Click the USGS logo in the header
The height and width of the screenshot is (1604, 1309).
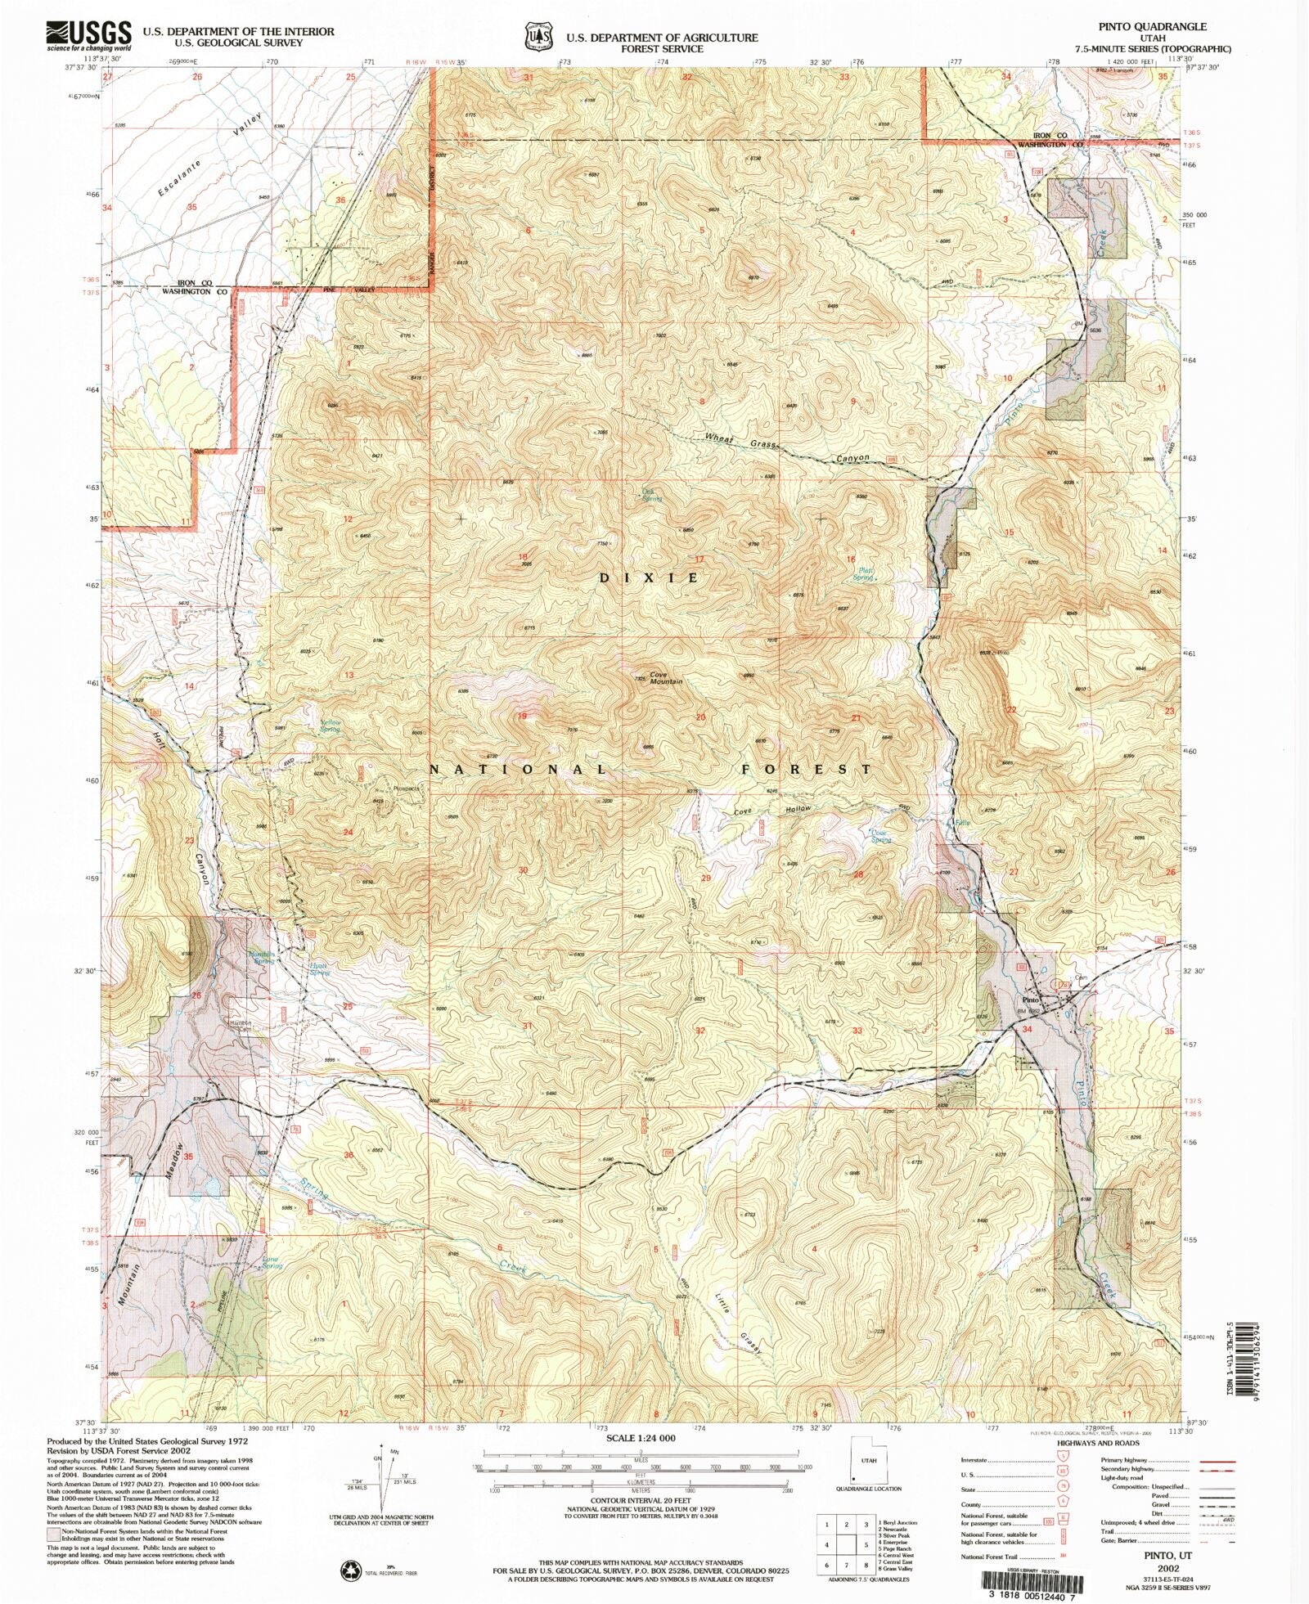(88, 35)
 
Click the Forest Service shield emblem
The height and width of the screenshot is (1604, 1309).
(538, 37)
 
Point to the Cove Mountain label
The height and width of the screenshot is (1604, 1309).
(665, 678)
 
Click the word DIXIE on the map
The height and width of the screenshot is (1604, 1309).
(650, 577)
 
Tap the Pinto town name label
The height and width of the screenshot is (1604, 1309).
(1030, 1000)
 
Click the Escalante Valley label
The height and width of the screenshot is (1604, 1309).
(209, 155)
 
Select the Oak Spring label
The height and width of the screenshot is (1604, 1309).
(651, 495)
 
